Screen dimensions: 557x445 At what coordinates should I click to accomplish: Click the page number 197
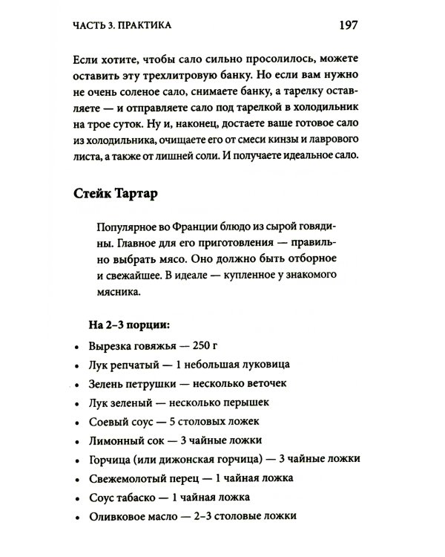pyautogui.click(x=349, y=25)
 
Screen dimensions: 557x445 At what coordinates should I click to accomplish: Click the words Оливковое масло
pyautogui.click(x=128, y=515)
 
